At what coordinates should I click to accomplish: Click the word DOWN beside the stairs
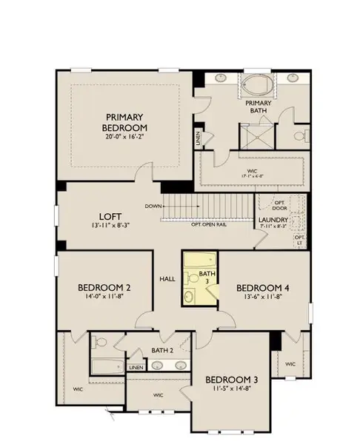click(x=154, y=206)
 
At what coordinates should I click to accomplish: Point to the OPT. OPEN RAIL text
click(x=209, y=224)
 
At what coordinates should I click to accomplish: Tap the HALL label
click(x=167, y=279)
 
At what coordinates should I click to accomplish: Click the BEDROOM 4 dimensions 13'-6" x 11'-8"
click(x=261, y=298)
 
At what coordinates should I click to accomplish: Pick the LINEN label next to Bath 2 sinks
click(x=136, y=367)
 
